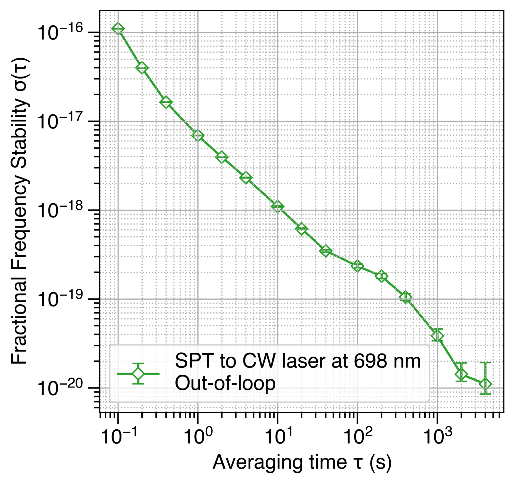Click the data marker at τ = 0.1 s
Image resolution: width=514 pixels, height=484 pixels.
tap(118, 29)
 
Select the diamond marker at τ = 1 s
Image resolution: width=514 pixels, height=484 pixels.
tap(198, 136)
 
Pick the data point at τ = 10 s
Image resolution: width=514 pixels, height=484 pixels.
tap(277, 206)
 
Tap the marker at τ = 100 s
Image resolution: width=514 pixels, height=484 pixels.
tap(357, 266)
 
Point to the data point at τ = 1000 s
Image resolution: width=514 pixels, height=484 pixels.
tap(437, 336)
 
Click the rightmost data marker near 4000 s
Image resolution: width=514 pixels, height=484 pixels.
tap(485, 384)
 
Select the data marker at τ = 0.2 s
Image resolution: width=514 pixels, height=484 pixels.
tap(142, 68)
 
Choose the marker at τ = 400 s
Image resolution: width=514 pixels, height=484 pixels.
tap(405, 297)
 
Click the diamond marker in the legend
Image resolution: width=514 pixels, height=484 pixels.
tap(138, 374)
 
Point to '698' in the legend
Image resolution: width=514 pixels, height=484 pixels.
tap(369, 361)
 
